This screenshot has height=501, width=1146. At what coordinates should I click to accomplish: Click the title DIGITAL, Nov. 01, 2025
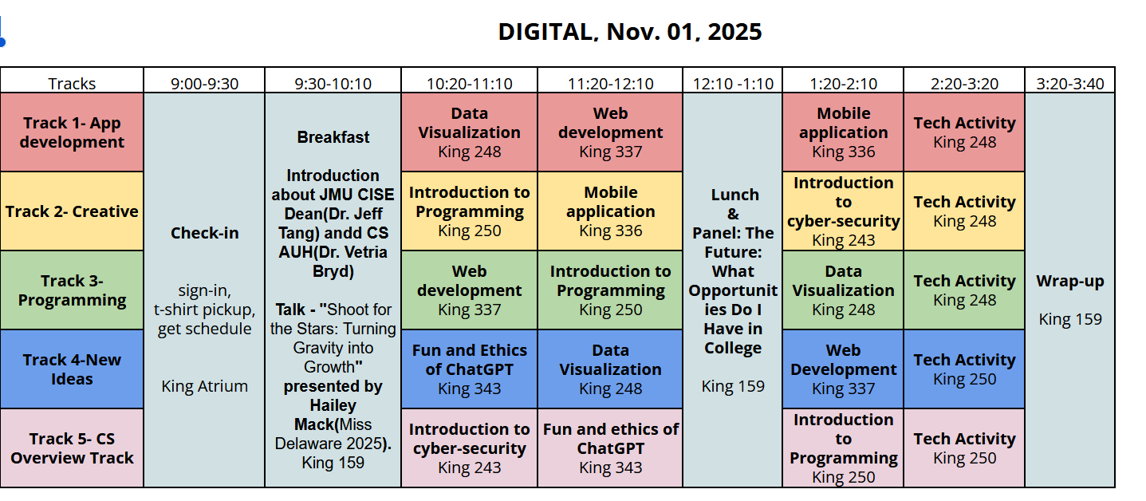point(629,31)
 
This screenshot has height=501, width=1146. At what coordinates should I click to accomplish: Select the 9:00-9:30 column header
point(204,83)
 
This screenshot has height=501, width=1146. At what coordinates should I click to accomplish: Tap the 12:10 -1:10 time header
point(732,83)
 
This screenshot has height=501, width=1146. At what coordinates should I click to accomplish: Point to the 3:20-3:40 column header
point(1069,83)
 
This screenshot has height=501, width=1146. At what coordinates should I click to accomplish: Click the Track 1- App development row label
point(72,132)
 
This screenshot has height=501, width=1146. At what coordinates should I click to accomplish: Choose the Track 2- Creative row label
point(72,211)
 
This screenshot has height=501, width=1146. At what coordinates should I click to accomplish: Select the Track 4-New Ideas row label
point(72,369)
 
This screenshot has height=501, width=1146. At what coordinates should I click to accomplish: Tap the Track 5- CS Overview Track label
point(72,448)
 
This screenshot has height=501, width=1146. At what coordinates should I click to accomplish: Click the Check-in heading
point(204,233)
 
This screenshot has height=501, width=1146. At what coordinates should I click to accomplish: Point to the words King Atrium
point(204,386)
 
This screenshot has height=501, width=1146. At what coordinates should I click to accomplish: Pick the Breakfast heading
point(333,137)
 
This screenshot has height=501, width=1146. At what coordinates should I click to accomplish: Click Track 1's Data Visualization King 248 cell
point(469,132)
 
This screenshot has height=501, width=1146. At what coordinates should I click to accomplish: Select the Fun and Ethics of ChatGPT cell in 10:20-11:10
point(469,369)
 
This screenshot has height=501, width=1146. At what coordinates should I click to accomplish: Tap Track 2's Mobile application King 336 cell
point(610,211)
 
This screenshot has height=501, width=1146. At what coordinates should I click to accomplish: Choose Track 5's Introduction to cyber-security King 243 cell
point(469,448)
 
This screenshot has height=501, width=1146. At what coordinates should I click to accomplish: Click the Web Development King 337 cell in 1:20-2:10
point(843,369)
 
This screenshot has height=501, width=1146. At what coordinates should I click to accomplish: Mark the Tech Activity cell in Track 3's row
point(964,290)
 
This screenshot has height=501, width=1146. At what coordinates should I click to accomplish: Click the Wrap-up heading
point(1069,281)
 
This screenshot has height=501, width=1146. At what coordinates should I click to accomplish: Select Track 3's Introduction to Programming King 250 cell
point(610,290)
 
